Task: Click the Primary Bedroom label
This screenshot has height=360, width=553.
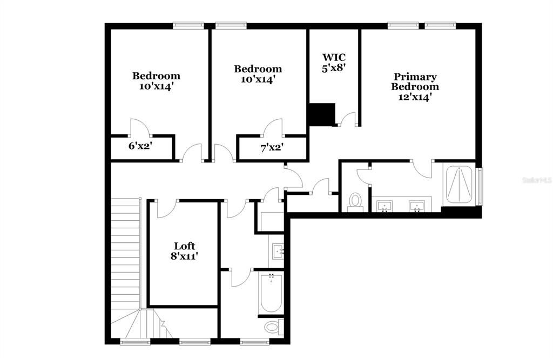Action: point(415,87)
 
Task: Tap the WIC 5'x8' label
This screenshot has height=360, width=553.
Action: point(334,63)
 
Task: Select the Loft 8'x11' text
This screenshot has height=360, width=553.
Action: point(184,252)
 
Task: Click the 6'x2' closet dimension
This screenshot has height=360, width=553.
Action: point(139,145)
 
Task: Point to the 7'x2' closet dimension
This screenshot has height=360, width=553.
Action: point(272,147)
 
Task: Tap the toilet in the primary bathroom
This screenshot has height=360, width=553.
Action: point(355,201)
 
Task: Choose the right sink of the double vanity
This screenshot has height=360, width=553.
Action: point(416,205)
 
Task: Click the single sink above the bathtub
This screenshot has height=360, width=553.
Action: point(278,251)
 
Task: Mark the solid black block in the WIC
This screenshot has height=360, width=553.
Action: point(321,114)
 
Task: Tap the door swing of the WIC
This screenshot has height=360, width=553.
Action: point(348,119)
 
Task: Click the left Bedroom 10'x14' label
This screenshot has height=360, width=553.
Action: point(157,81)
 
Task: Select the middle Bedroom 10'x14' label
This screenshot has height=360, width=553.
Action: point(258,74)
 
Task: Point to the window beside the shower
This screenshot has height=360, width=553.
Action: point(480,186)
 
